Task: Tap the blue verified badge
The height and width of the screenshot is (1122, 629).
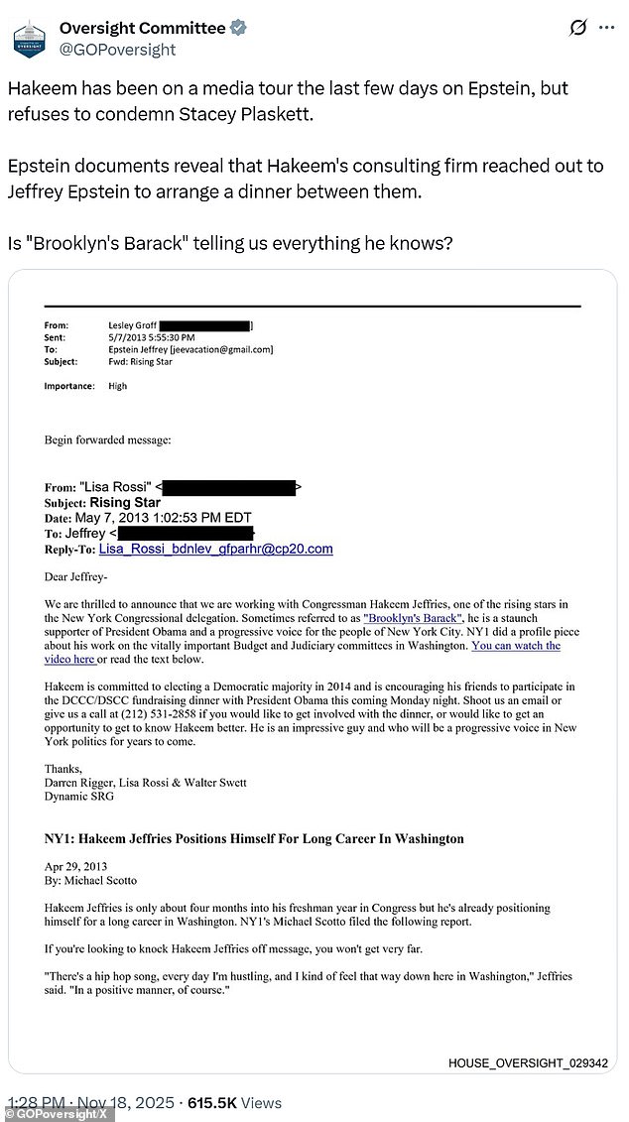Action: click(238, 28)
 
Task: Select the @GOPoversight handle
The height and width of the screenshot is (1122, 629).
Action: click(117, 49)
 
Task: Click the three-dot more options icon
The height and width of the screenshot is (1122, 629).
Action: click(606, 28)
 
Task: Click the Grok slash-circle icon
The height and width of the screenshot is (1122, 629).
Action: click(578, 28)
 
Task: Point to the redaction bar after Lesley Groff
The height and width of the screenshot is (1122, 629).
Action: click(204, 324)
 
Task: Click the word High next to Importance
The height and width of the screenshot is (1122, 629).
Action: click(117, 386)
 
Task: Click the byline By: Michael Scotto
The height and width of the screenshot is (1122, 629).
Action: click(90, 880)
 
